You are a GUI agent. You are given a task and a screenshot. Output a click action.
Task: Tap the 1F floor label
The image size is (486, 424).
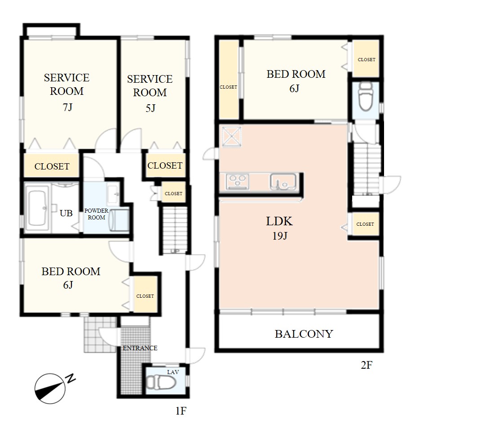[x=181, y=411]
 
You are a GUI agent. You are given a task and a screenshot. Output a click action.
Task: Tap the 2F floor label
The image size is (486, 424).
[x=367, y=365]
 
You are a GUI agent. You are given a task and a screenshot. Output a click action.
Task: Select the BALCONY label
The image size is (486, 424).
[x=304, y=334]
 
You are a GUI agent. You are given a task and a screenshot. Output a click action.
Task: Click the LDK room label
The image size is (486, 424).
[x=279, y=221]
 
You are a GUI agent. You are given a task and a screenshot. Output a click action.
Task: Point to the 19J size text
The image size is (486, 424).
[x=279, y=236]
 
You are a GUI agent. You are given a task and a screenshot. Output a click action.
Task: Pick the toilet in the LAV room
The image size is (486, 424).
[x=161, y=383]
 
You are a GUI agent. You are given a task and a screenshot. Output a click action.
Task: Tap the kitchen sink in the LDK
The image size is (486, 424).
[x=283, y=182]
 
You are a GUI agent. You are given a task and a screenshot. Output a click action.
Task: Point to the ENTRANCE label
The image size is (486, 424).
[x=140, y=348]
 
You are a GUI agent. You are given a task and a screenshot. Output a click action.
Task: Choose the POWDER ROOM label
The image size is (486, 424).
[x=97, y=214]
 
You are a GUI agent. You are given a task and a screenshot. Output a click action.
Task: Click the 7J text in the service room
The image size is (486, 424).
[x=67, y=107]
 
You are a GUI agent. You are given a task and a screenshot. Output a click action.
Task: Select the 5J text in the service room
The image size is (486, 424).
[x=150, y=108]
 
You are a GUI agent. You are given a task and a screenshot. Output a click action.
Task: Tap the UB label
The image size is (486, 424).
[x=66, y=213]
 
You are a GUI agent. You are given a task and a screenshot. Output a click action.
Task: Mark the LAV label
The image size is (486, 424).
[x=172, y=372]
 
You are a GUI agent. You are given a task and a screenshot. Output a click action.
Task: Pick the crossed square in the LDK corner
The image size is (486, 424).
[x=231, y=137]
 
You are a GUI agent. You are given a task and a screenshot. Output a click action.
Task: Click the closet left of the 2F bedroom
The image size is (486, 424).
[x=229, y=80]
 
